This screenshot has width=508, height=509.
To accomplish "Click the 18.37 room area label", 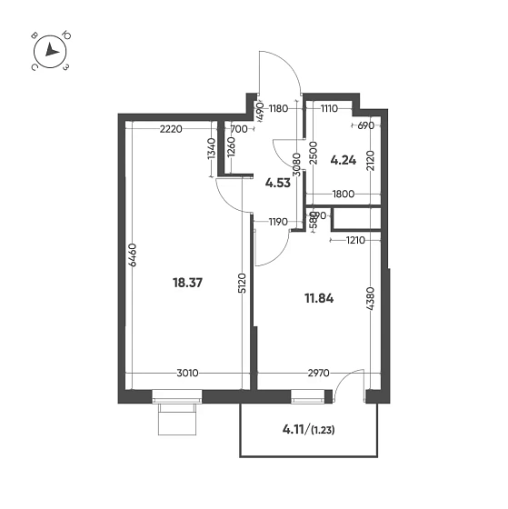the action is pos(187,283).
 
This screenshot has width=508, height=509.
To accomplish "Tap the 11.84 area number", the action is pos(319,298).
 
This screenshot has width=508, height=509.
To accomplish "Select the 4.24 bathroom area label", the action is pos(344,160).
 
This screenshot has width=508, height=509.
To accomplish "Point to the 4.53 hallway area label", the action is pos(278,183).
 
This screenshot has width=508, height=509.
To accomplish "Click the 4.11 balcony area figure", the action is pos(294,430).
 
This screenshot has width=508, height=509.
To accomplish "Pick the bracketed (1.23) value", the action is pos(323,431).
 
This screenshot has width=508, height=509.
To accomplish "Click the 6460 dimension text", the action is pos(133,254).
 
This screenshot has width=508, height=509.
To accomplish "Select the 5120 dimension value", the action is pos(243,284).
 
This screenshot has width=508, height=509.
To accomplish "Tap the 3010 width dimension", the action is pos(187,373).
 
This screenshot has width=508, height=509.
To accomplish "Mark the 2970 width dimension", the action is pos(318,373).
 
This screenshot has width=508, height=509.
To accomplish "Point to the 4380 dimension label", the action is pos(371,298).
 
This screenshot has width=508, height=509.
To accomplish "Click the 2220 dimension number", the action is pos(171,129).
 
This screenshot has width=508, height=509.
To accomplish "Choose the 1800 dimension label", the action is pos(344,195).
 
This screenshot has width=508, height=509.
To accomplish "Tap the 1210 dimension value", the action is pos(355,240).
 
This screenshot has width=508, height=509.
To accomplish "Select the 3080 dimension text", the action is pos(296,165).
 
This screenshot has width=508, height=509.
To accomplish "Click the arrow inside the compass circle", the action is pos(51,50).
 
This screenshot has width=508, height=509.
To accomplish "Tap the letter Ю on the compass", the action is pos(67,35).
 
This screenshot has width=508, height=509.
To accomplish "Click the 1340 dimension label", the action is pos(212,148).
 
